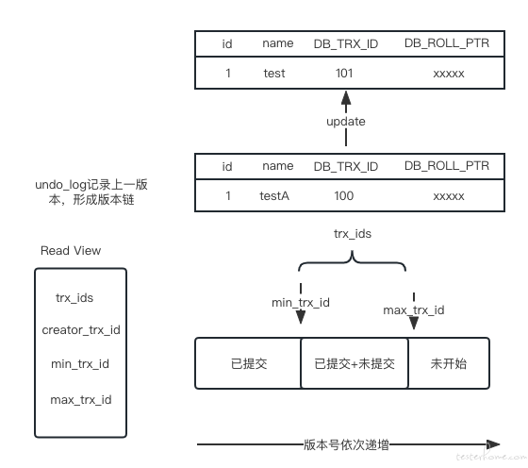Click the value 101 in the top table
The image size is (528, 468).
click(x=344, y=73)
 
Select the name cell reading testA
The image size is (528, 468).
click(x=274, y=195)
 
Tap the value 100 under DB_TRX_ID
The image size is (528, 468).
click(x=344, y=195)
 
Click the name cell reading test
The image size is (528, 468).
click(x=274, y=73)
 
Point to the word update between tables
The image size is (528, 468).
click(x=346, y=122)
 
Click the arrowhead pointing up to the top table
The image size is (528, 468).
click(x=346, y=97)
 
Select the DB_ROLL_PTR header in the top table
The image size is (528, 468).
click(x=447, y=43)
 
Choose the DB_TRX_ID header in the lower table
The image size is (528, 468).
click(x=346, y=166)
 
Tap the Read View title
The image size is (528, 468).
click(x=71, y=250)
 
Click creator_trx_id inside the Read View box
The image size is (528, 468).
click(x=81, y=330)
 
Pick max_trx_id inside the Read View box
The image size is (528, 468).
click(x=81, y=400)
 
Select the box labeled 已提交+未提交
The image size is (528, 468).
click(x=355, y=363)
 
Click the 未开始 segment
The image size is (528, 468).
click(x=449, y=363)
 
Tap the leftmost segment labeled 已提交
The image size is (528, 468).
click(x=248, y=363)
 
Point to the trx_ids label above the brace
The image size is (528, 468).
click(x=353, y=233)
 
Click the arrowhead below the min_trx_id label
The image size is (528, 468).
click(x=301, y=317)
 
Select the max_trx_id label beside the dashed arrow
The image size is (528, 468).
click(x=414, y=310)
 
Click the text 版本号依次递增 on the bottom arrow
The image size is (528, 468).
click(x=346, y=444)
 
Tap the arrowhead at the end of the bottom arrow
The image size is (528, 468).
click(x=493, y=444)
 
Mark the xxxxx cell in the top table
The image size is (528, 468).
click(x=449, y=74)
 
